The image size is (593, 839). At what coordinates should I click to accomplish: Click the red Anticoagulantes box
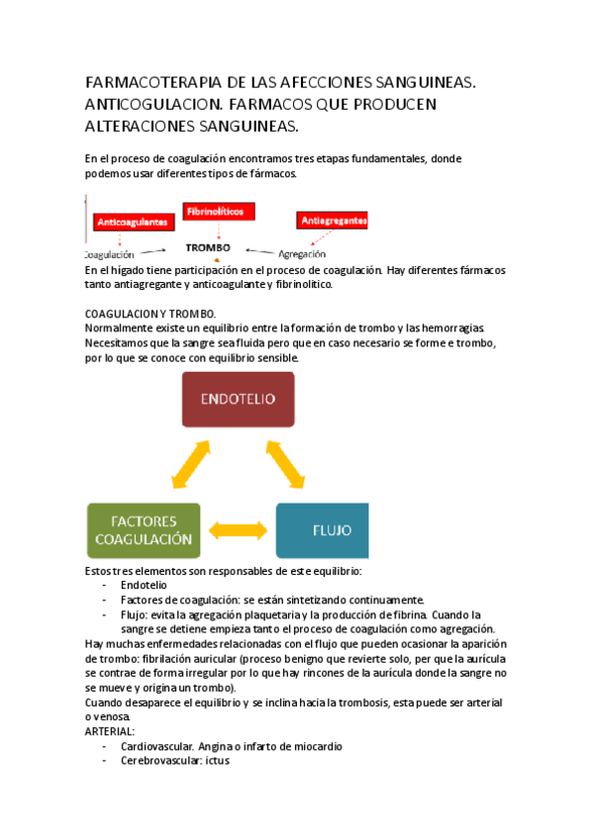(132, 224)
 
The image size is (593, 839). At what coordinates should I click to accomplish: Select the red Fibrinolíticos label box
(218, 211)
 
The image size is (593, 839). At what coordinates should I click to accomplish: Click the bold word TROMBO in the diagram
(208, 247)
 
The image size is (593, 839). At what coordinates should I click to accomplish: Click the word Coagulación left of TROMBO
(106, 253)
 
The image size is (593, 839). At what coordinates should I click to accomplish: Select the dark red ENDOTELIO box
(238, 399)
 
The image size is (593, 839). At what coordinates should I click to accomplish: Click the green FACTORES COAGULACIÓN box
(143, 531)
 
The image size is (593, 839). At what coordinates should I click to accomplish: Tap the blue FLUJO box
(323, 531)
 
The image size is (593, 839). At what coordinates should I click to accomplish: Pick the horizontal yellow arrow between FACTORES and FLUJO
(238, 532)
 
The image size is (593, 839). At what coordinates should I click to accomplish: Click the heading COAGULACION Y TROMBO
(149, 313)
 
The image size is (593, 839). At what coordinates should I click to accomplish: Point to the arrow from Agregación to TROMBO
(259, 250)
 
